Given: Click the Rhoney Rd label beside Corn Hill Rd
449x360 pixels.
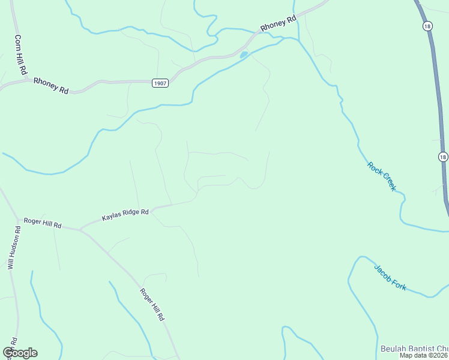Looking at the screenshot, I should point(51,85).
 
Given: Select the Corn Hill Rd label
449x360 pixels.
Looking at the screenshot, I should point(20,54).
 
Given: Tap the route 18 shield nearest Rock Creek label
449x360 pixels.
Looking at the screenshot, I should point(442,157).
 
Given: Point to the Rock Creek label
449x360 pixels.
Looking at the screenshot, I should point(382,177).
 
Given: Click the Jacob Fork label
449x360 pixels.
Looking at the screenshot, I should point(390,278).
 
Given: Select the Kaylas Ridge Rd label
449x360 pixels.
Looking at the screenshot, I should point(125,213).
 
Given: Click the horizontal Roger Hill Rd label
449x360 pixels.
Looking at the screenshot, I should point(43,223).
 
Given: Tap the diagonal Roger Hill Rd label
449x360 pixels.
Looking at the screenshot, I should point(152,305).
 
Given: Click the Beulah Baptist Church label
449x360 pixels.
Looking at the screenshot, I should point(414,349).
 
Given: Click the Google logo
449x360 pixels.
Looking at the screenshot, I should point(20,353).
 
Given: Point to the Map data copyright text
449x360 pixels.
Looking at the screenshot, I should point(424,355).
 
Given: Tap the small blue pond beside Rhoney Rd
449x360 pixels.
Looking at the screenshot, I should point(243,55).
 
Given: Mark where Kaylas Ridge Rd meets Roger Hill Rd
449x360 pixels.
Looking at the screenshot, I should point(80,229).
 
